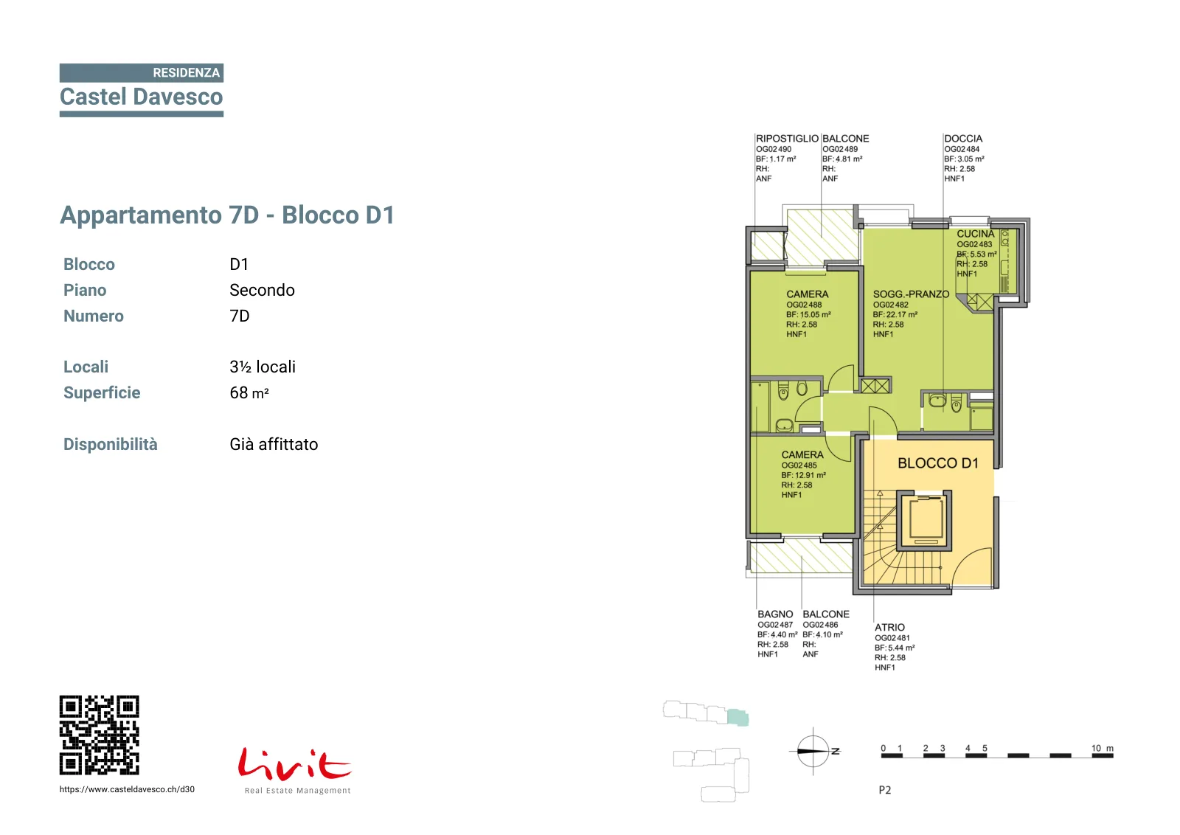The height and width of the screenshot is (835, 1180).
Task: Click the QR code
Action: tap(99, 735)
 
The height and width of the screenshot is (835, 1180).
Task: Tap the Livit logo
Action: tap(295, 770)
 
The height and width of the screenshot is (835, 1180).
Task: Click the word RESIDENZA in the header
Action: tap(186, 73)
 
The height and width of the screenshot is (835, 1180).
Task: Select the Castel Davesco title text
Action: tap(141, 97)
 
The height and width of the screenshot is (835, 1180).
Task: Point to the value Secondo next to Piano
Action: tap(262, 291)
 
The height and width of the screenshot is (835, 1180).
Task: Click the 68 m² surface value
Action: tap(249, 393)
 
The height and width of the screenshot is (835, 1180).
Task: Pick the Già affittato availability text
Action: tap(274, 445)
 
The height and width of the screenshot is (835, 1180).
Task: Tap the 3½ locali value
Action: tap(263, 367)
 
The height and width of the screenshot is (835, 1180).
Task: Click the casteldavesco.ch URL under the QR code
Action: tap(127, 789)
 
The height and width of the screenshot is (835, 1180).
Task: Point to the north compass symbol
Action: tap(813, 751)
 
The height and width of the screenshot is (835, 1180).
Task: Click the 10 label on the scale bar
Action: tap(1096, 748)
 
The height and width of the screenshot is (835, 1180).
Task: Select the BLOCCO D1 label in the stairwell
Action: tap(938, 463)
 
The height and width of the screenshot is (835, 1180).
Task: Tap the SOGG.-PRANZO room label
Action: tap(911, 294)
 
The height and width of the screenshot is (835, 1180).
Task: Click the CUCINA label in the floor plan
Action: tap(976, 234)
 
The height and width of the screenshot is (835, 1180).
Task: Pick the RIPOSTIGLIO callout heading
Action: tap(787, 139)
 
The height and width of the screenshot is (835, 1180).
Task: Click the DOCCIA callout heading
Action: tap(963, 139)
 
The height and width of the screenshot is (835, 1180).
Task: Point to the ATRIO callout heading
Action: tap(889, 628)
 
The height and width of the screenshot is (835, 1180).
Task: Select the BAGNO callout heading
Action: tap(775, 614)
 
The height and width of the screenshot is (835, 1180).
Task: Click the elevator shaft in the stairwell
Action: tap(924, 521)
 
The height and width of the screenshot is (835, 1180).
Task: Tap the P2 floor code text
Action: tap(885, 790)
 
